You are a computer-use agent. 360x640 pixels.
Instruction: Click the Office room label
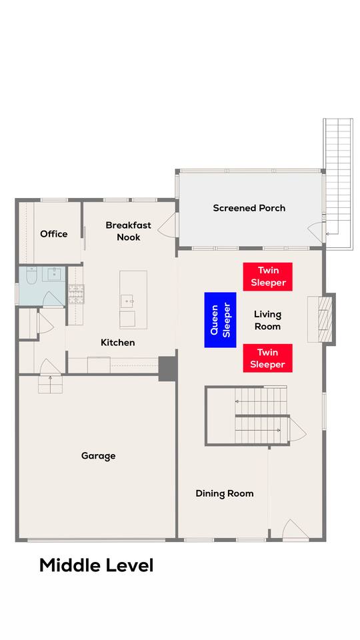click(53, 234)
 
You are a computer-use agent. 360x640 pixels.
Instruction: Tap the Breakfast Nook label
click(128, 231)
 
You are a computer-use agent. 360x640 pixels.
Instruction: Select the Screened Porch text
click(249, 208)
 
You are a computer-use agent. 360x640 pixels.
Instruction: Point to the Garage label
click(98, 456)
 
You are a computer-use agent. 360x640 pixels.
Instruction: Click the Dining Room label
click(225, 493)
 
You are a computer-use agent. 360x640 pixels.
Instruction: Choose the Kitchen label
click(117, 343)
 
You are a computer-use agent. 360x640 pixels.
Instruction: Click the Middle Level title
click(96, 565)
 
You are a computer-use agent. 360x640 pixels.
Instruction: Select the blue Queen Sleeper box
click(220, 320)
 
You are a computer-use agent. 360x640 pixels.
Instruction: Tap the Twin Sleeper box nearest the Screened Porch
click(268, 277)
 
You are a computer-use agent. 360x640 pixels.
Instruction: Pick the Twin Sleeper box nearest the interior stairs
click(268, 358)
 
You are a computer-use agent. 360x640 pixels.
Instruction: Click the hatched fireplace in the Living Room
click(325, 319)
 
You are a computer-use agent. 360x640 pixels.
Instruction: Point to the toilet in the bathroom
click(32, 275)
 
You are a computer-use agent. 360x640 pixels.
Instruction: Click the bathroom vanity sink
click(54, 274)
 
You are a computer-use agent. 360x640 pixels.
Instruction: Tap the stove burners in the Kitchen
click(76, 294)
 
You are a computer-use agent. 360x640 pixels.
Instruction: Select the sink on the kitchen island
click(128, 301)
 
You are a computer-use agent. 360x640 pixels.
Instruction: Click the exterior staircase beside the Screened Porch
click(338, 183)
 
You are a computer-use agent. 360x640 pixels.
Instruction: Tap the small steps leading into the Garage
click(50, 384)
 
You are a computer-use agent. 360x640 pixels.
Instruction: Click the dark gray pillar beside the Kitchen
click(168, 369)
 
